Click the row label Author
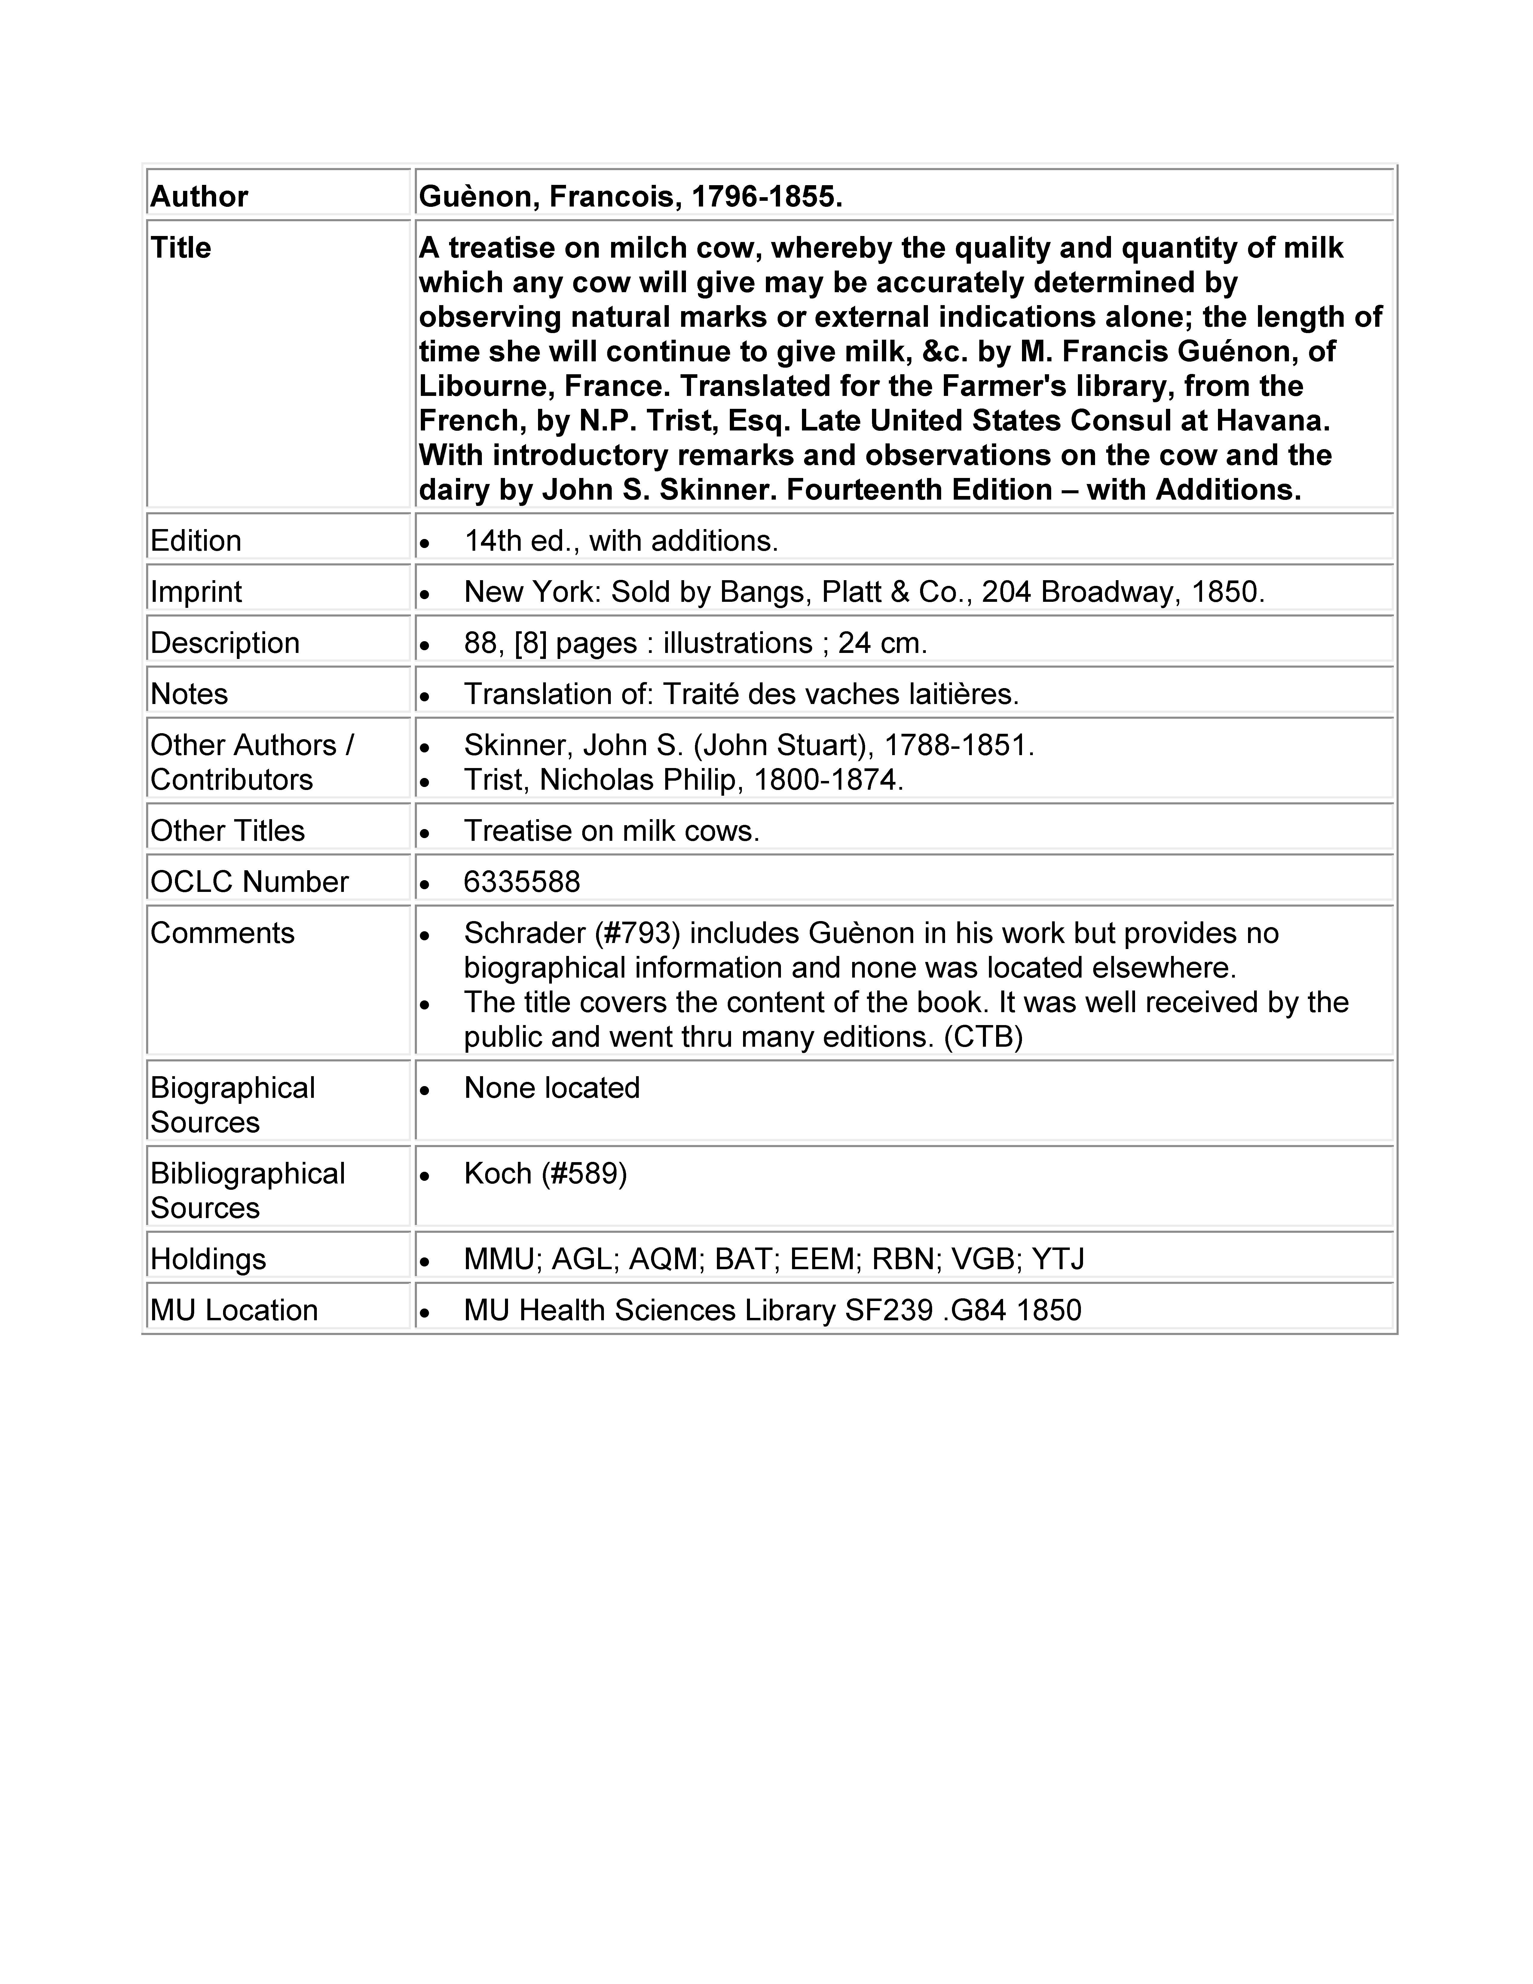(199, 197)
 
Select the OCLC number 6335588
(521, 882)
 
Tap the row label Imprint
(196, 592)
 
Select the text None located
(551, 1088)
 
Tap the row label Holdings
(208, 1260)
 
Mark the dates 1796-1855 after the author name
(766, 197)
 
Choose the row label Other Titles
(227, 831)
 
